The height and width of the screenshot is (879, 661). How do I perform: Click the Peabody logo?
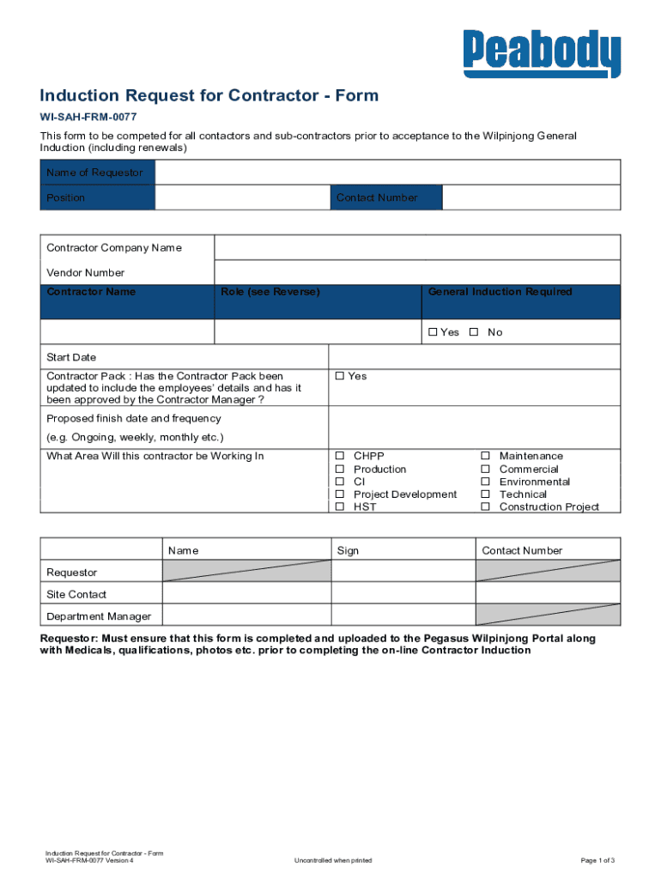point(541,53)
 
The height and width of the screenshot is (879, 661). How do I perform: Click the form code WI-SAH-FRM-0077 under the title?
point(88,117)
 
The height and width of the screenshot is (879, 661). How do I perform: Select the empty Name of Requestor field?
point(387,173)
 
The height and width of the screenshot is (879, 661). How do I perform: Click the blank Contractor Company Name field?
point(416,248)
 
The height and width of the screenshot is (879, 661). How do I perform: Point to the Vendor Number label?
point(85,273)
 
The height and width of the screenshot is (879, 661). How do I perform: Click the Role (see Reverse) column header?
point(270,292)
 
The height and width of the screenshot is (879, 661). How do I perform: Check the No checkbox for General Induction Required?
point(473,332)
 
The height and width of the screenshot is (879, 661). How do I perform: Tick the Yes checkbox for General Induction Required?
point(433,332)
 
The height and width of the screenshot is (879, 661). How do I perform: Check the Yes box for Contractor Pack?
point(340,376)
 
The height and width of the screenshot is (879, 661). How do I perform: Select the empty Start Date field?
point(474,357)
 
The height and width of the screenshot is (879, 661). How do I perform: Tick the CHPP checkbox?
point(340,456)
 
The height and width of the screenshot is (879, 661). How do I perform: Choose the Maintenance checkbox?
point(485,456)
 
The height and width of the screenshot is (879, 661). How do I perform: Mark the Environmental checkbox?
point(485,482)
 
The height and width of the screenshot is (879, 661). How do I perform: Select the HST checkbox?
point(340,507)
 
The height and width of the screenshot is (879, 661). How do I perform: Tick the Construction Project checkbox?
point(485,507)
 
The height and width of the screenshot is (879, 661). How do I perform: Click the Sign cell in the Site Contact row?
point(403,593)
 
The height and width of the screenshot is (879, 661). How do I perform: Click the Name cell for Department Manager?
point(246,615)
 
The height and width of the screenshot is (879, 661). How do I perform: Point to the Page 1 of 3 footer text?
point(597,860)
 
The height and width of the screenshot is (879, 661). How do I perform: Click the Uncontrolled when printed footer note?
point(333,860)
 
